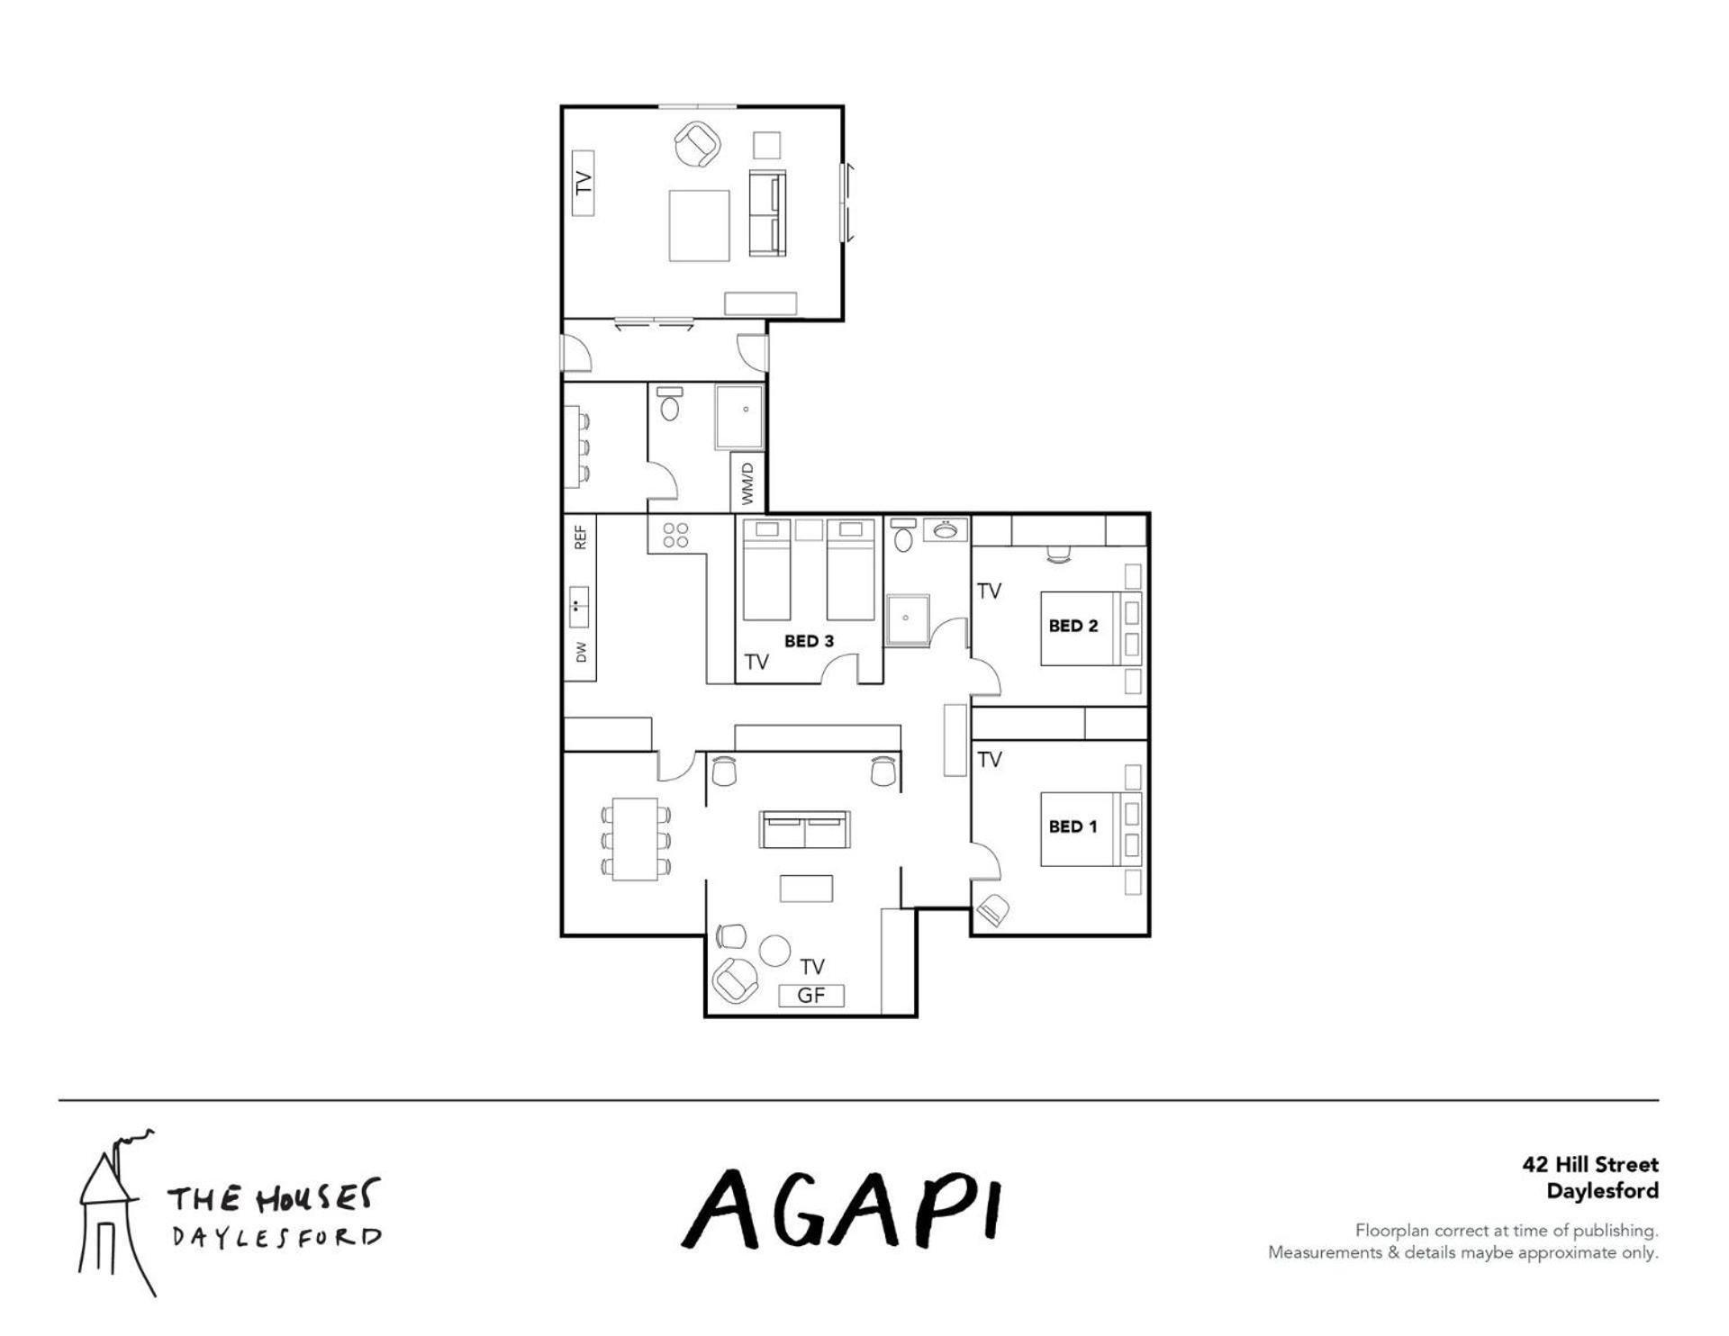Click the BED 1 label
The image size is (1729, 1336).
pyautogui.click(x=1073, y=826)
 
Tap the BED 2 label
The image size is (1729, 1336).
pyautogui.click(x=1073, y=626)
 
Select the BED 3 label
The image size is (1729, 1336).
pyautogui.click(x=809, y=641)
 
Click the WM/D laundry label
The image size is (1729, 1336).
pyautogui.click(x=747, y=484)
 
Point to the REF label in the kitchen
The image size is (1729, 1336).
pyautogui.click(x=581, y=537)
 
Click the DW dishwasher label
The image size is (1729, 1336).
pyautogui.click(x=581, y=652)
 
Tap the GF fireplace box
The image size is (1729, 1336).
pyautogui.click(x=811, y=996)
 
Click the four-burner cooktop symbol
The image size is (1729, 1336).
pyautogui.click(x=675, y=536)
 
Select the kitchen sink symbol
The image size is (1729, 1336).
pyautogui.click(x=579, y=607)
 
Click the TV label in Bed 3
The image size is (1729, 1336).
pyautogui.click(x=756, y=663)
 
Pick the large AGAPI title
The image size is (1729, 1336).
pyautogui.click(x=842, y=1208)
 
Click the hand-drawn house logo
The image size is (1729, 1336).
pyautogui.click(x=115, y=1211)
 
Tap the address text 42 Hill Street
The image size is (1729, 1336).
pyautogui.click(x=1590, y=1164)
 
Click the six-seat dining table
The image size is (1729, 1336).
pyautogui.click(x=636, y=839)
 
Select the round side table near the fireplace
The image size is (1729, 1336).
pyautogui.click(x=774, y=951)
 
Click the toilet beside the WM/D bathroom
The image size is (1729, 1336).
pyautogui.click(x=669, y=404)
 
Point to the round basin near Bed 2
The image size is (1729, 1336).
pyautogui.click(x=946, y=529)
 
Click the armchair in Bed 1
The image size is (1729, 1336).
pyautogui.click(x=992, y=910)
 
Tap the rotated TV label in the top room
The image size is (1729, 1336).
pyautogui.click(x=584, y=183)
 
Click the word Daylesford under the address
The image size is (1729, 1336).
pyautogui.click(x=1603, y=1192)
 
